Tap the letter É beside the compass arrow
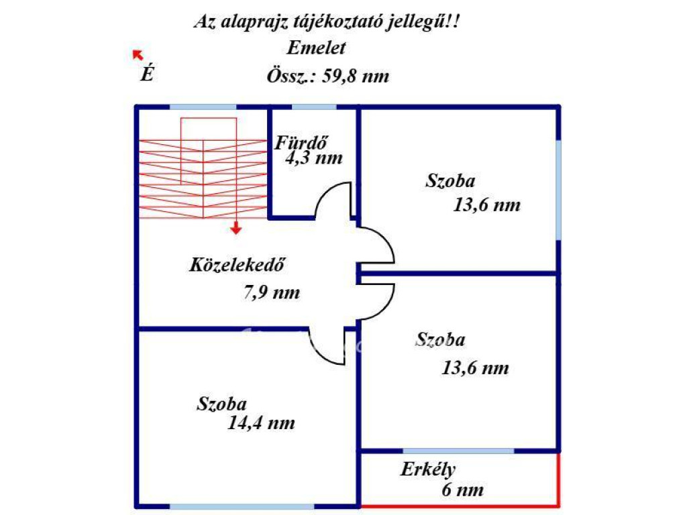(x=146, y=74)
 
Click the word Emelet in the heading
(x=316, y=48)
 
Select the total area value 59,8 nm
(x=356, y=76)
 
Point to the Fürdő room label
(x=302, y=142)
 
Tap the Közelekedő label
(x=233, y=264)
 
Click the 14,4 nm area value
(x=262, y=423)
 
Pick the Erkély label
(x=428, y=469)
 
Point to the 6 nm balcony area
(x=462, y=490)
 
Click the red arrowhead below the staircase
(x=235, y=229)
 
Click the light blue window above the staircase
(x=203, y=107)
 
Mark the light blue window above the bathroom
(x=314, y=107)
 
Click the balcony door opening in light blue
(x=459, y=450)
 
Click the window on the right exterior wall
(x=558, y=189)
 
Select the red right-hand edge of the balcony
(x=558, y=479)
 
